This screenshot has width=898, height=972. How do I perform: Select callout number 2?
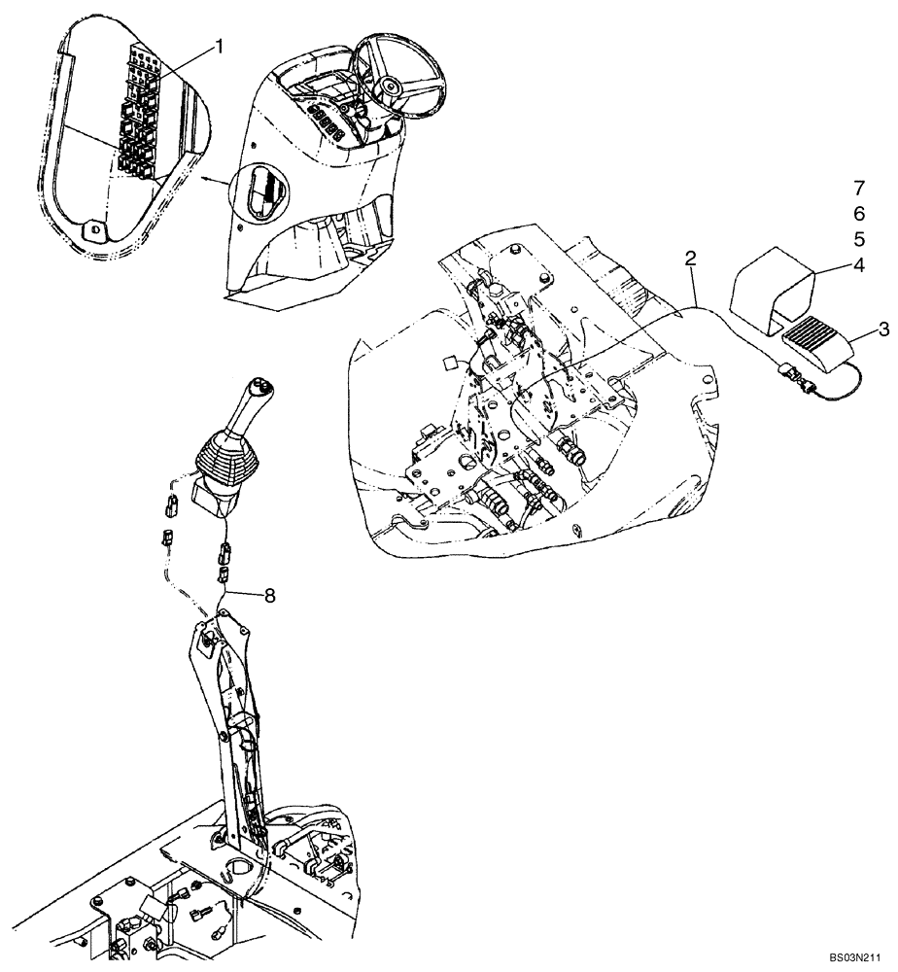pos(690,259)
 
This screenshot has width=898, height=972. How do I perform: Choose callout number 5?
pos(859,238)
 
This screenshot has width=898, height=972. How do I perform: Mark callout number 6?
pos(859,213)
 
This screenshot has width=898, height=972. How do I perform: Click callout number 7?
pos(859,187)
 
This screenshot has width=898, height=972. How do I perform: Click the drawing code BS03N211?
pos(854,957)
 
